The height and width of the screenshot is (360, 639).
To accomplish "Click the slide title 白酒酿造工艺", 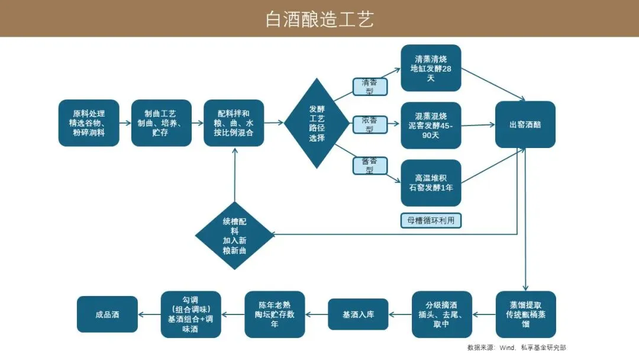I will click(x=319, y=19).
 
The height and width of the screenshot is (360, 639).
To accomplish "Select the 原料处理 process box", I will click(x=89, y=123).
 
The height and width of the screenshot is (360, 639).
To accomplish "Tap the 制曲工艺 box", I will click(x=161, y=123).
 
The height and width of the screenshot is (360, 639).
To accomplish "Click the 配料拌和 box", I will click(x=234, y=123).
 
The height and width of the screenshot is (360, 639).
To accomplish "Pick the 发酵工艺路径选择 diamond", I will click(x=317, y=123).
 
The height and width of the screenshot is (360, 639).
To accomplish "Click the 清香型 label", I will click(x=370, y=86).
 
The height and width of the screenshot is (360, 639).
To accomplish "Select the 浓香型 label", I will click(x=370, y=124).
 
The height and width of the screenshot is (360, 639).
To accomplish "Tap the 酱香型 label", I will click(x=370, y=165).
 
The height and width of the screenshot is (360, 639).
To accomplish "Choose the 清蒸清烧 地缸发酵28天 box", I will click(x=431, y=68).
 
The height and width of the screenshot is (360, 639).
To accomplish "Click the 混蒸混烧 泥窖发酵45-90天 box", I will click(x=431, y=125).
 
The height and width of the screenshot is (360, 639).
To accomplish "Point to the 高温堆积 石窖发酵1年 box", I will click(x=431, y=182).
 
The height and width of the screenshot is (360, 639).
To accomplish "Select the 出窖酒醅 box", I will click(x=525, y=124).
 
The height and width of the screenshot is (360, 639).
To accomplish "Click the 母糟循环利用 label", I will click(x=431, y=220).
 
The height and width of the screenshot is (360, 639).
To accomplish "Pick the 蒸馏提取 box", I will click(x=525, y=314).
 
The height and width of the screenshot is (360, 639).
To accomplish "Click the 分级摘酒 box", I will click(x=442, y=314).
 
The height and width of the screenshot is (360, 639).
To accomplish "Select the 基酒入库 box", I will click(x=359, y=314).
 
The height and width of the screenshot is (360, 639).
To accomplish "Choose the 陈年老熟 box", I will click(x=275, y=314).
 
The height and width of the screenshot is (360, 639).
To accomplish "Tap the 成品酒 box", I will click(x=107, y=314).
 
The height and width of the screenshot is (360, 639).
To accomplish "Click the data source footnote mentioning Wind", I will click(x=516, y=348).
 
